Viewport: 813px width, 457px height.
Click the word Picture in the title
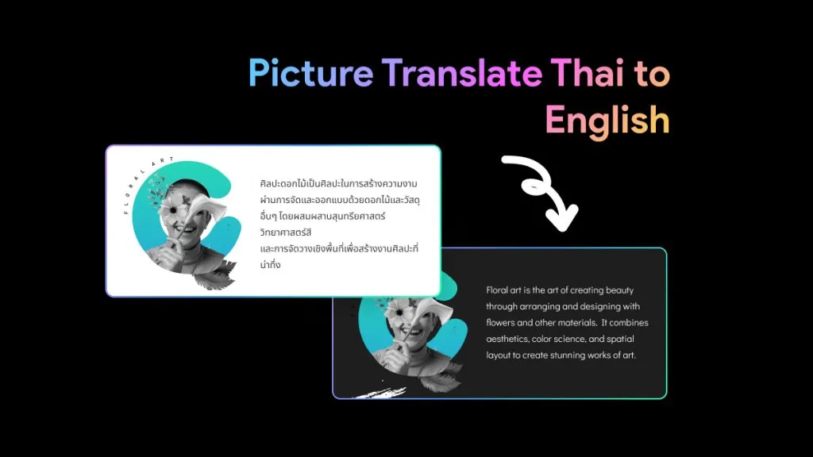[310, 72]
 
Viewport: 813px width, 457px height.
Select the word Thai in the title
[587, 72]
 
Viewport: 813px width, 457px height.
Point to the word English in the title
[607, 121]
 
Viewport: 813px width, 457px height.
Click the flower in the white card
[172, 209]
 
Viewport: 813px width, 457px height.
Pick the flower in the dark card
[399, 312]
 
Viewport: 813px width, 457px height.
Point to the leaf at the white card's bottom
[214, 277]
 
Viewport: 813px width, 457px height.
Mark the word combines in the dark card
[629, 322]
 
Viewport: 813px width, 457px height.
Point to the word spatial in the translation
[620, 339]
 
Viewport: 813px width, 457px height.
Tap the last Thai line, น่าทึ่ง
[270, 264]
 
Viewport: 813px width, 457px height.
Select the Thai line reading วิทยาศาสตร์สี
[286, 232]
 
